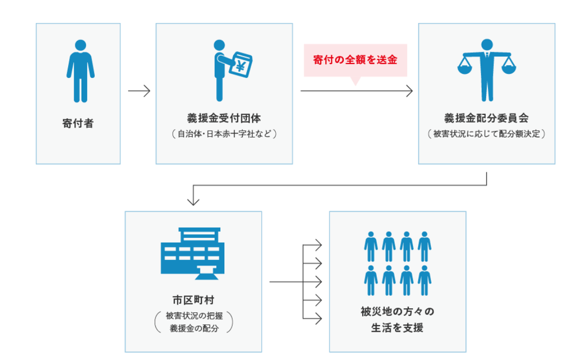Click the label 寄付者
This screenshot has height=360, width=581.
(x=78, y=123)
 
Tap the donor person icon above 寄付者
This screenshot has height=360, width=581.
(x=81, y=71)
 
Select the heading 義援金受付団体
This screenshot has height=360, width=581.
(x=224, y=118)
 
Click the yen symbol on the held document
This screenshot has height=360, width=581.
(x=240, y=66)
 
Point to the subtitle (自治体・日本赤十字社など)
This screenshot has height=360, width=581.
(x=224, y=134)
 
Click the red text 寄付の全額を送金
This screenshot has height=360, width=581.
(x=355, y=60)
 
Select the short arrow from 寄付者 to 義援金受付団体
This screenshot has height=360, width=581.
(x=139, y=91)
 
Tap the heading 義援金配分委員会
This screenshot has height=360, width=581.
(x=486, y=118)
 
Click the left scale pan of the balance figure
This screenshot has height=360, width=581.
(x=465, y=69)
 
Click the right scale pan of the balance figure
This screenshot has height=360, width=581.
(x=508, y=69)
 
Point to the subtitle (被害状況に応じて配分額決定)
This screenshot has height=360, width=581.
(x=486, y=134)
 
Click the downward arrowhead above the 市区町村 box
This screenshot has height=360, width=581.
(x=193, y=201)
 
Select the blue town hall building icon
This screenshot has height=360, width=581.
(x=193, y=254)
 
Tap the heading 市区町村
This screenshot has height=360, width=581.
(x=193, y=300)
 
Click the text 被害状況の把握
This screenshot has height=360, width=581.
(x=194, y=316)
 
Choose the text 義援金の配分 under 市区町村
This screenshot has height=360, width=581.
(x=194, y=328)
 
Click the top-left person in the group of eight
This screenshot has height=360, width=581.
(x=371, y=246)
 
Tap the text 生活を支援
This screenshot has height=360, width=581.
(x=397, y=328)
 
